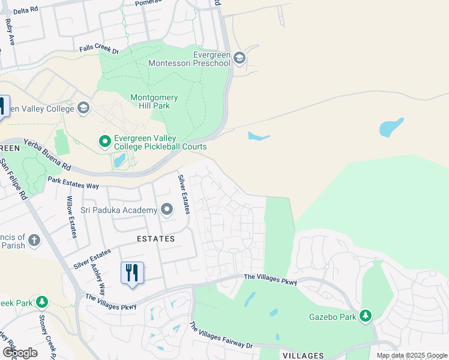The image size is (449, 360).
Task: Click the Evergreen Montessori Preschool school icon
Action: pyautogui.click(x=240, y=58)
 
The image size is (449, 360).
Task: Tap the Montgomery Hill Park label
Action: pyautogui.click(x=154, y=102)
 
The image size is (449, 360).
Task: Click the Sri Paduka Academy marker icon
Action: pyautogui.click(x=167, y=209)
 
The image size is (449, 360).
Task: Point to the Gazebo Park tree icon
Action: pyautogui.click(x=366, y=316)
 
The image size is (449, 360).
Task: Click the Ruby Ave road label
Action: pyautogui.click(x=10, y=32)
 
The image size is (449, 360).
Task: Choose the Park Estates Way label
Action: pyautogui.click(x=73, y=183)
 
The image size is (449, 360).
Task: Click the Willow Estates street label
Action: pyautogui.click(x=71, y=217)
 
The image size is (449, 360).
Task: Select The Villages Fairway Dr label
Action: pyautogui.click(x=221, y=337)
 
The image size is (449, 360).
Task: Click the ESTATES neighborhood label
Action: pyautogui.click(x=155, y=239)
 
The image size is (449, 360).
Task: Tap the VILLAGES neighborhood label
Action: pyautogui.click(x=303, y=356)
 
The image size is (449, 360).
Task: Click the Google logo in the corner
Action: pyautogui.click(x=20, y=353)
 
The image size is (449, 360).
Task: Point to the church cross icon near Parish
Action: pyautogui.click(x=34, y=241)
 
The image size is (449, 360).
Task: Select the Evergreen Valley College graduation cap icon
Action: pyautogui.click(x=83, y=108)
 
